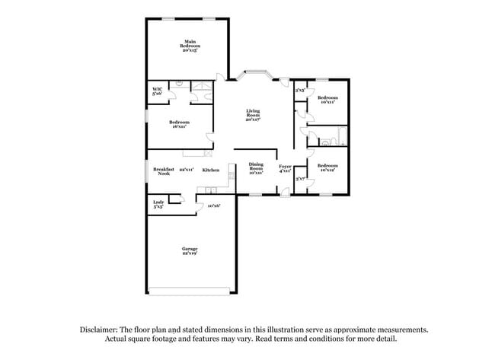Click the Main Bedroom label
click(190, 44)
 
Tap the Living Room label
click(254, 114)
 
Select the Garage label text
click(190, 248)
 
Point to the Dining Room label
click(256, 168)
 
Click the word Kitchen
click(211, 170)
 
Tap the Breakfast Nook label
click(164, 171)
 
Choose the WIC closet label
click(157, 91)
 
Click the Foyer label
click(284, 167)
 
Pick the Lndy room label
click(158, 202)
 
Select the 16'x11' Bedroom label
click(180, 124)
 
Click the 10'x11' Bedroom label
click(327, 100)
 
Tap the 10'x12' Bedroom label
click(327, 168)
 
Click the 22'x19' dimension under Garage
click(190, 253)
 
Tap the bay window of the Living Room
click(254, 74)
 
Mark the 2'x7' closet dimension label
click(300, 179)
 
